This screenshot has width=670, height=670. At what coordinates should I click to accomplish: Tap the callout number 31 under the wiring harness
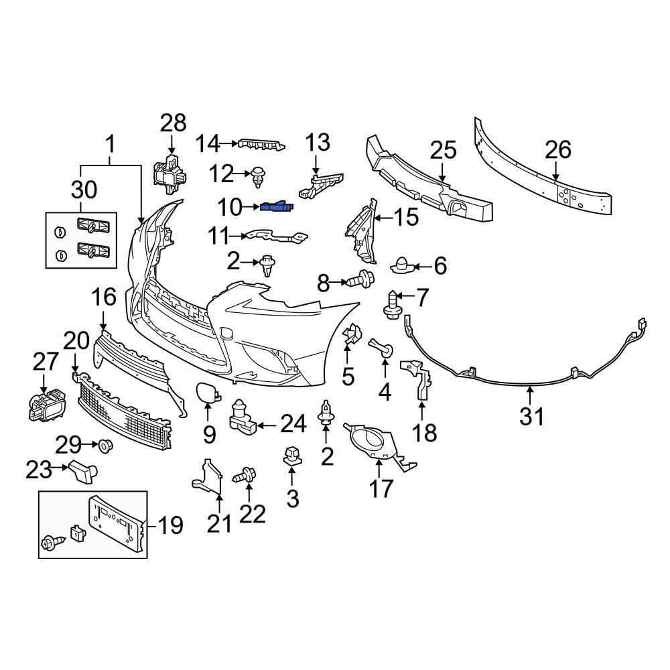(x=532, y=417)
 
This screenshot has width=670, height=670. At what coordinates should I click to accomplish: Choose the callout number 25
(x=442, y=151)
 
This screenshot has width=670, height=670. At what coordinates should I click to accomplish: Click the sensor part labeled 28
(x=170, y=172)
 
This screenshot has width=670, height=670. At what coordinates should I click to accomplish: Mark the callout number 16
(x=104, y=296)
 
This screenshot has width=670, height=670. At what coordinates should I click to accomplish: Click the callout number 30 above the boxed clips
(x=84, y=190)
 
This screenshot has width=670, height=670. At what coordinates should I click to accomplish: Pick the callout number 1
(x=111, y=144)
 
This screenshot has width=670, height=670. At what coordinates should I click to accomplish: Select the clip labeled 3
(x=291, y=456)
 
